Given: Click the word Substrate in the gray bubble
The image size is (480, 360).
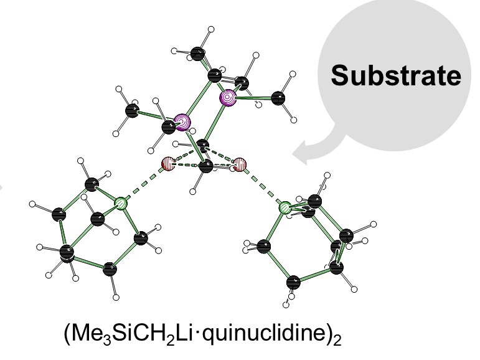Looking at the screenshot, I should point(396,76).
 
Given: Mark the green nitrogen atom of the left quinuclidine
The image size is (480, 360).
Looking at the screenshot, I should point(122,203).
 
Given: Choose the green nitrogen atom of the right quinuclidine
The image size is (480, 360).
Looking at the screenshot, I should point(285,207).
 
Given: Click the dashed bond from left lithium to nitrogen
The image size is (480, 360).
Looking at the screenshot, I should point(145,184).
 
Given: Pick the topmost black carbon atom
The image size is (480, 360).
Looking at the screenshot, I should point(199,53).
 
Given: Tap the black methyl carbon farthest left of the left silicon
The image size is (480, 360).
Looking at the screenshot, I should point(132,111).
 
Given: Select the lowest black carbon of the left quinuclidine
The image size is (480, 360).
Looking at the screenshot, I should point(110,270).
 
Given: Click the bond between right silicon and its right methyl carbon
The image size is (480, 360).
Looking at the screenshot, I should point(255,98).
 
